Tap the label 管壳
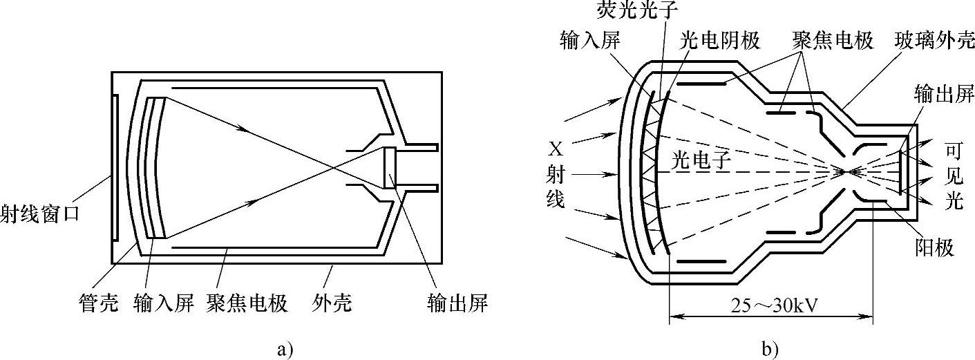98,302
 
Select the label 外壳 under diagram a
331,302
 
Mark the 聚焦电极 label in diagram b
832,41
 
